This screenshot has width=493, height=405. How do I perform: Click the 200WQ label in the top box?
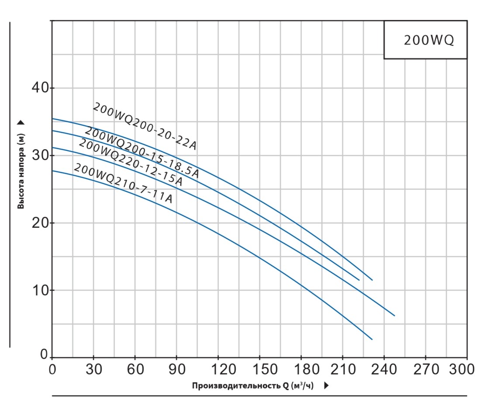tap(429, 40)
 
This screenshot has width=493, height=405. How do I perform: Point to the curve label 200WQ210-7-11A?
tap(123, 183)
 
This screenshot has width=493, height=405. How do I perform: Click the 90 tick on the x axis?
tap(177, 369)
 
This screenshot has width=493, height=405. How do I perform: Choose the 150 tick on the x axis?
tap(260, 369)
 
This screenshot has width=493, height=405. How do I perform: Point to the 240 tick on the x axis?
tap(384, 369)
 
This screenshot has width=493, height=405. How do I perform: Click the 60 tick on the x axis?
tap(135, 369)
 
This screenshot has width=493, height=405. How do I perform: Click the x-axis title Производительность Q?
tap(252, 386)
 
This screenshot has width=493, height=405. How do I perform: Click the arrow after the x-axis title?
tap(327, 386)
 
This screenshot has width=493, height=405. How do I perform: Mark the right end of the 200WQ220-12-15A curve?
tap(394, 316)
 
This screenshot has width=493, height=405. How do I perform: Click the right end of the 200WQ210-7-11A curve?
tap(372, 339)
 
